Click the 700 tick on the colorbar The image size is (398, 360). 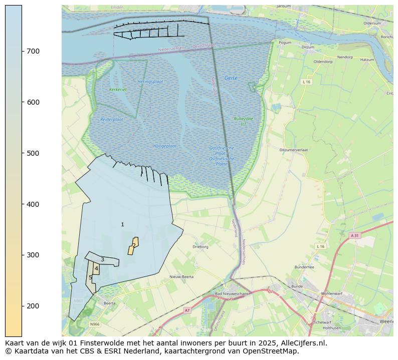22,51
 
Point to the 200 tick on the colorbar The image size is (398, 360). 22,306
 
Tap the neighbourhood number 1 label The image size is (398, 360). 122,225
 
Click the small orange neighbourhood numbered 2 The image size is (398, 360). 133,245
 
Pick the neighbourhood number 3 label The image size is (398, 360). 102,259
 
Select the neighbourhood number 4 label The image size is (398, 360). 96,269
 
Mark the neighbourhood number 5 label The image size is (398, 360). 90,278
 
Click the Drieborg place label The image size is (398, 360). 201,247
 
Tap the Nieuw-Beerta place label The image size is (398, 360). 181,276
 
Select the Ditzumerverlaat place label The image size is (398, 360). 294,150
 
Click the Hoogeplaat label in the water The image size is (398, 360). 165,146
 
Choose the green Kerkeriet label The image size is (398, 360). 118,90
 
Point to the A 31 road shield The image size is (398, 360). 355,235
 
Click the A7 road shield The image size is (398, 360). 187,310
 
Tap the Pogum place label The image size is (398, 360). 285,43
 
